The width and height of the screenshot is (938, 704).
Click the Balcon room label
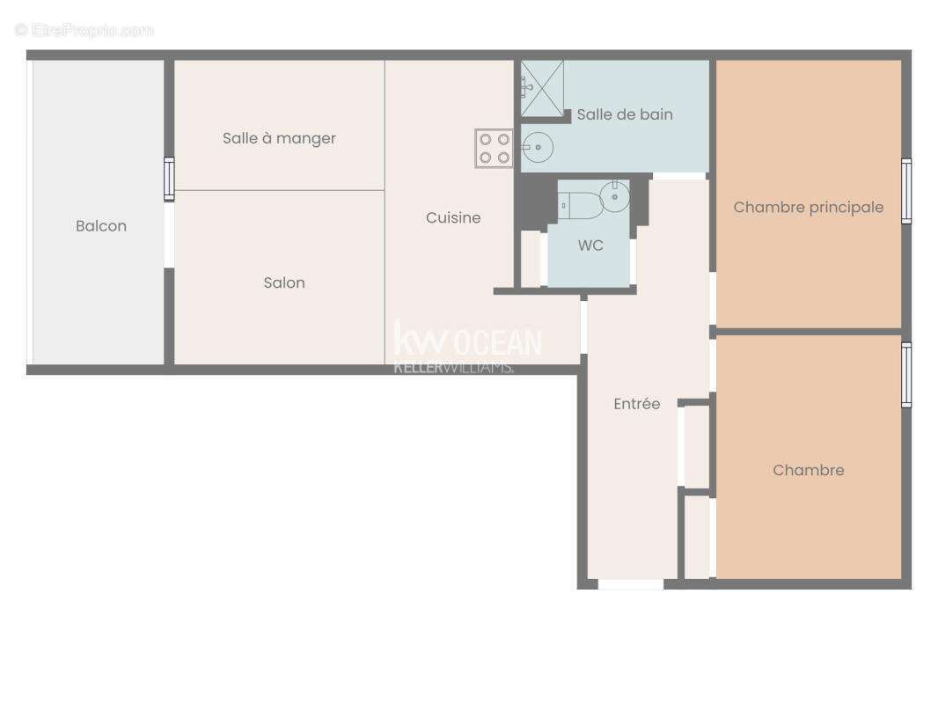101,226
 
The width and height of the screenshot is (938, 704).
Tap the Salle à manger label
279,138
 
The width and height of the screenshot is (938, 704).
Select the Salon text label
284,282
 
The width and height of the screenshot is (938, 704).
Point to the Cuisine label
453,217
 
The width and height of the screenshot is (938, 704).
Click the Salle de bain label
625,114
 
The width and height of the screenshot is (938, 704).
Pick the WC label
590,246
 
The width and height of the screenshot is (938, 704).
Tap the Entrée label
636,404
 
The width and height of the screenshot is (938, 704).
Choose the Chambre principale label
808,208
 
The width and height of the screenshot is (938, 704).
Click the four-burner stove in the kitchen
494,148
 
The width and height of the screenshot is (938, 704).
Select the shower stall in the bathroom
541,88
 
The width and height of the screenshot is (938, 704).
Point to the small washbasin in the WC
615,196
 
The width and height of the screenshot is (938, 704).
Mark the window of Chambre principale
906,191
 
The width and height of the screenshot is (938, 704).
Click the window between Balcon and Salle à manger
169,179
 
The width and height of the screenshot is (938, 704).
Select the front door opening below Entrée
630,584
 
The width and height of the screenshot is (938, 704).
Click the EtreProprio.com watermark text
84,31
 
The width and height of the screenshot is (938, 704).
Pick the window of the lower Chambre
906,375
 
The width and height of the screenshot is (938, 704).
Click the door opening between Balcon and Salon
169,235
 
